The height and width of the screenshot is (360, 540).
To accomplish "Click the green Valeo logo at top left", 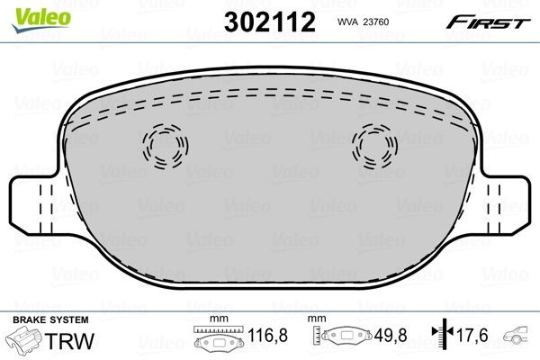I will [x=26, y=10].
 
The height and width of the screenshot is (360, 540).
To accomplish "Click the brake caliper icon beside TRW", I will [x=24, y=341].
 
